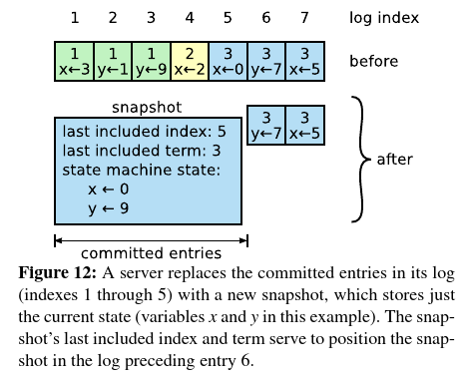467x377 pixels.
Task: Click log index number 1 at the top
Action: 73,17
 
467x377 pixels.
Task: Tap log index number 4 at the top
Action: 189,17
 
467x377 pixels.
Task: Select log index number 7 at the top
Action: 304,17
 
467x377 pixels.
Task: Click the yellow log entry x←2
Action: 189,61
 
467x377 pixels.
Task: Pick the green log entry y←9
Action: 151,61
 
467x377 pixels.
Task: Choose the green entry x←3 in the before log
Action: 73,61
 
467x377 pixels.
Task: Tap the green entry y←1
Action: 112,61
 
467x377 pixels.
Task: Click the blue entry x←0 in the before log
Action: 228,61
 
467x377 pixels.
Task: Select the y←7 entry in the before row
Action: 265,61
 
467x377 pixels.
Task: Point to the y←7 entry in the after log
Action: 265,124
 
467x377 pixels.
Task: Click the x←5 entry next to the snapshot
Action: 304,124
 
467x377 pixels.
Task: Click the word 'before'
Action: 374,62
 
